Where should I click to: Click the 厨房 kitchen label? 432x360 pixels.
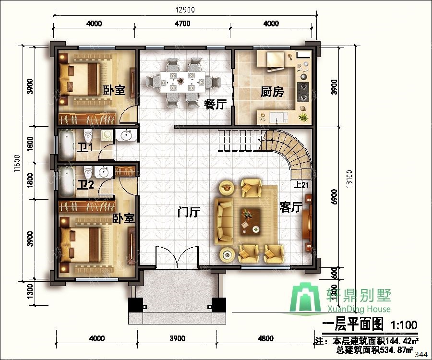pyautogui.click(x=272, y=92)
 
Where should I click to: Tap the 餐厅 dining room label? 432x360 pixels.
pyautogui.click(x=215, y=104)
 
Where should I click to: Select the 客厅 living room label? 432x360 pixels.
pyautogui.click(x=290, y=207)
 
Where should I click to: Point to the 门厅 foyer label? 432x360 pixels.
pyautogui.click(x=188, y=212)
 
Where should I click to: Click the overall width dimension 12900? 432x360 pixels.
pyautogui.click(x=185, y=10)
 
